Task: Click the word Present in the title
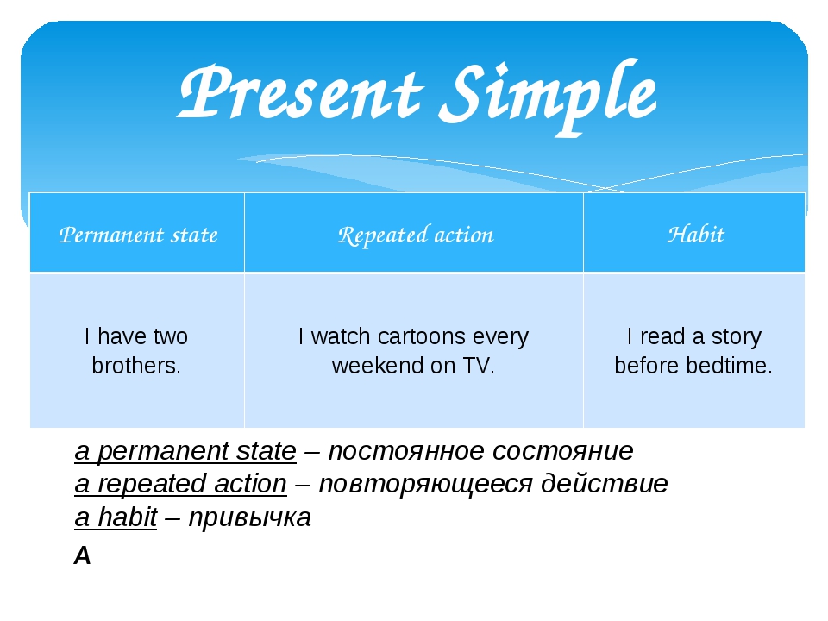[298, 95]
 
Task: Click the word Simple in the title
[548, 95]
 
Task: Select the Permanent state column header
[138, 235]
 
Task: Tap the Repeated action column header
[415, 235]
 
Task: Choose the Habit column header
[695, 235]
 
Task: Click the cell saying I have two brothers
[136, 351]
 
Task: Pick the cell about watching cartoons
[413, 351]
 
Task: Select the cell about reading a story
[693, 351]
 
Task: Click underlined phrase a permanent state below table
[185, 451]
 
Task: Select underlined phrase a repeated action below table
[180, 484]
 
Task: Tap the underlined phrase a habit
[116, 517]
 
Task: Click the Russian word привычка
[249, 518]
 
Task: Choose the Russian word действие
[604, 484]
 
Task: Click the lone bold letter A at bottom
[83, 556]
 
